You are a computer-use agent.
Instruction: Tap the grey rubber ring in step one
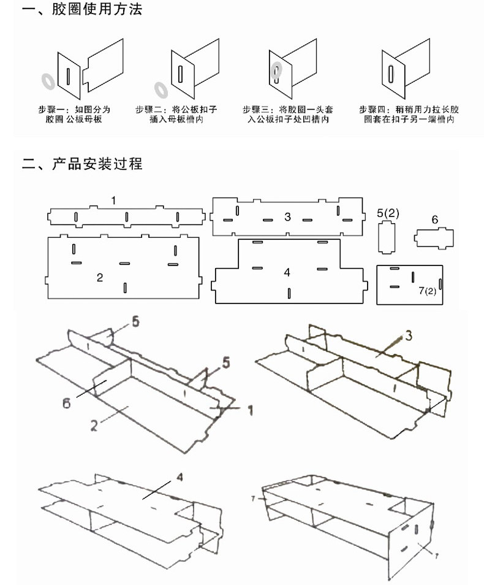click(x=47, y=80)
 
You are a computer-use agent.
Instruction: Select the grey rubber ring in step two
click(x=161, y=90)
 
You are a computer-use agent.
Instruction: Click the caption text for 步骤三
click(x=287, y=114)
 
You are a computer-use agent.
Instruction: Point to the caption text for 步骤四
click(x=409, y=114)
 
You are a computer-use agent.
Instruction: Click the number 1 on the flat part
click(x=114, y=201)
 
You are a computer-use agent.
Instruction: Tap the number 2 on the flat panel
click(x=100, y=278)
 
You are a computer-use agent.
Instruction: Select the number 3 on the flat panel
click(x=287, y=216)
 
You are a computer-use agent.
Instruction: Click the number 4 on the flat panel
click(x=287, y=272)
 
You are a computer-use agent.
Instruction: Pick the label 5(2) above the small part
click(x=388, y=213)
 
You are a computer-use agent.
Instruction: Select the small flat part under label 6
click(x=435, y=239)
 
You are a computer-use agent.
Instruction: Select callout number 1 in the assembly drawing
click(x=250, y=409)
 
